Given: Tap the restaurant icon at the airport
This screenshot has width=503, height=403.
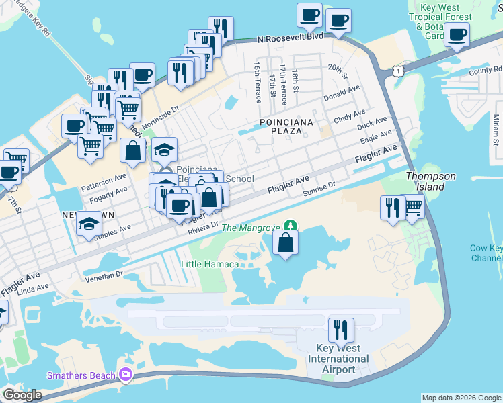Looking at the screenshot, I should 342,330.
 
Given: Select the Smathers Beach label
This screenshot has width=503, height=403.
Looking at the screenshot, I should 81,375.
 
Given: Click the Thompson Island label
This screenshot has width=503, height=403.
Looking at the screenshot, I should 430,181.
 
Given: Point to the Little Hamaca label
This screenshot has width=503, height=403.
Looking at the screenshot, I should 210,264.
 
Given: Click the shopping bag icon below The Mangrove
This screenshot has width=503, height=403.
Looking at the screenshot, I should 286,242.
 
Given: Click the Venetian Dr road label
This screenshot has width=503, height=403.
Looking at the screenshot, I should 104,275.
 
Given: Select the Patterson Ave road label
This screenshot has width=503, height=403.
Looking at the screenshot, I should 104,181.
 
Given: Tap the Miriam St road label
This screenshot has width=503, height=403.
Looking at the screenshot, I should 496,128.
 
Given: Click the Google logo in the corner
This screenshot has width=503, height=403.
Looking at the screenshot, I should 22,395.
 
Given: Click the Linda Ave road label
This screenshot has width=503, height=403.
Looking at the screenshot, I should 33,288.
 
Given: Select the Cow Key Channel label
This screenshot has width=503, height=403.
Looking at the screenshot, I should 486,253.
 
